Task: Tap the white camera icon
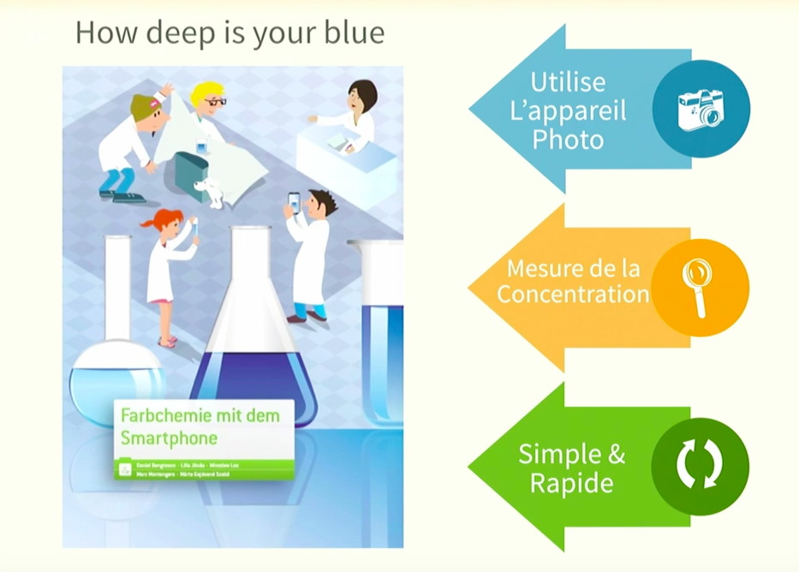pos(701,110)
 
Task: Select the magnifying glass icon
pos(698,286)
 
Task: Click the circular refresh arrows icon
pos(700,466)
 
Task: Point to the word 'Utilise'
pos(568,82)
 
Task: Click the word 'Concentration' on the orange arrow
pos(573,295)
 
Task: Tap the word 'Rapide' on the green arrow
pos(571,483)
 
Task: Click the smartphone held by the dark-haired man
pos(295,202)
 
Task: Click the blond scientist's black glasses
pos(214,102)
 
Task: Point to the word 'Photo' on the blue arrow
pos(568,140)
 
